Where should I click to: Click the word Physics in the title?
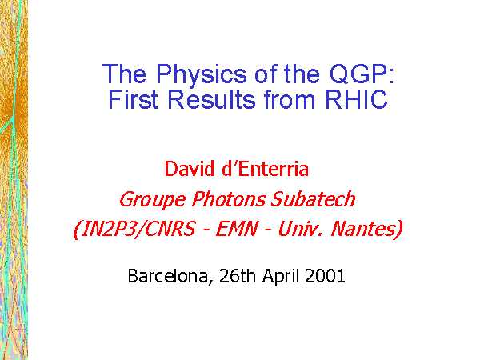(x=201, y=74)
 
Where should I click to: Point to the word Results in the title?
(x=211, y=99)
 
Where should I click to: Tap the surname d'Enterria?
(x=265, y=168)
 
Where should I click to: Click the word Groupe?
(x=152, y=199)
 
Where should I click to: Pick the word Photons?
(x=228, y=199)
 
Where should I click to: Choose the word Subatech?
(x=313, y=199)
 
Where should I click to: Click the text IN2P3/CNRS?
(x=134, y=229)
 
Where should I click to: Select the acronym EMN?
(x=236, y=229)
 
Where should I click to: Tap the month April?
(x=281, y=276)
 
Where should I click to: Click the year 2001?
(x=325, y=275)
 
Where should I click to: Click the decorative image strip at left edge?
(x=14, y=180)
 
